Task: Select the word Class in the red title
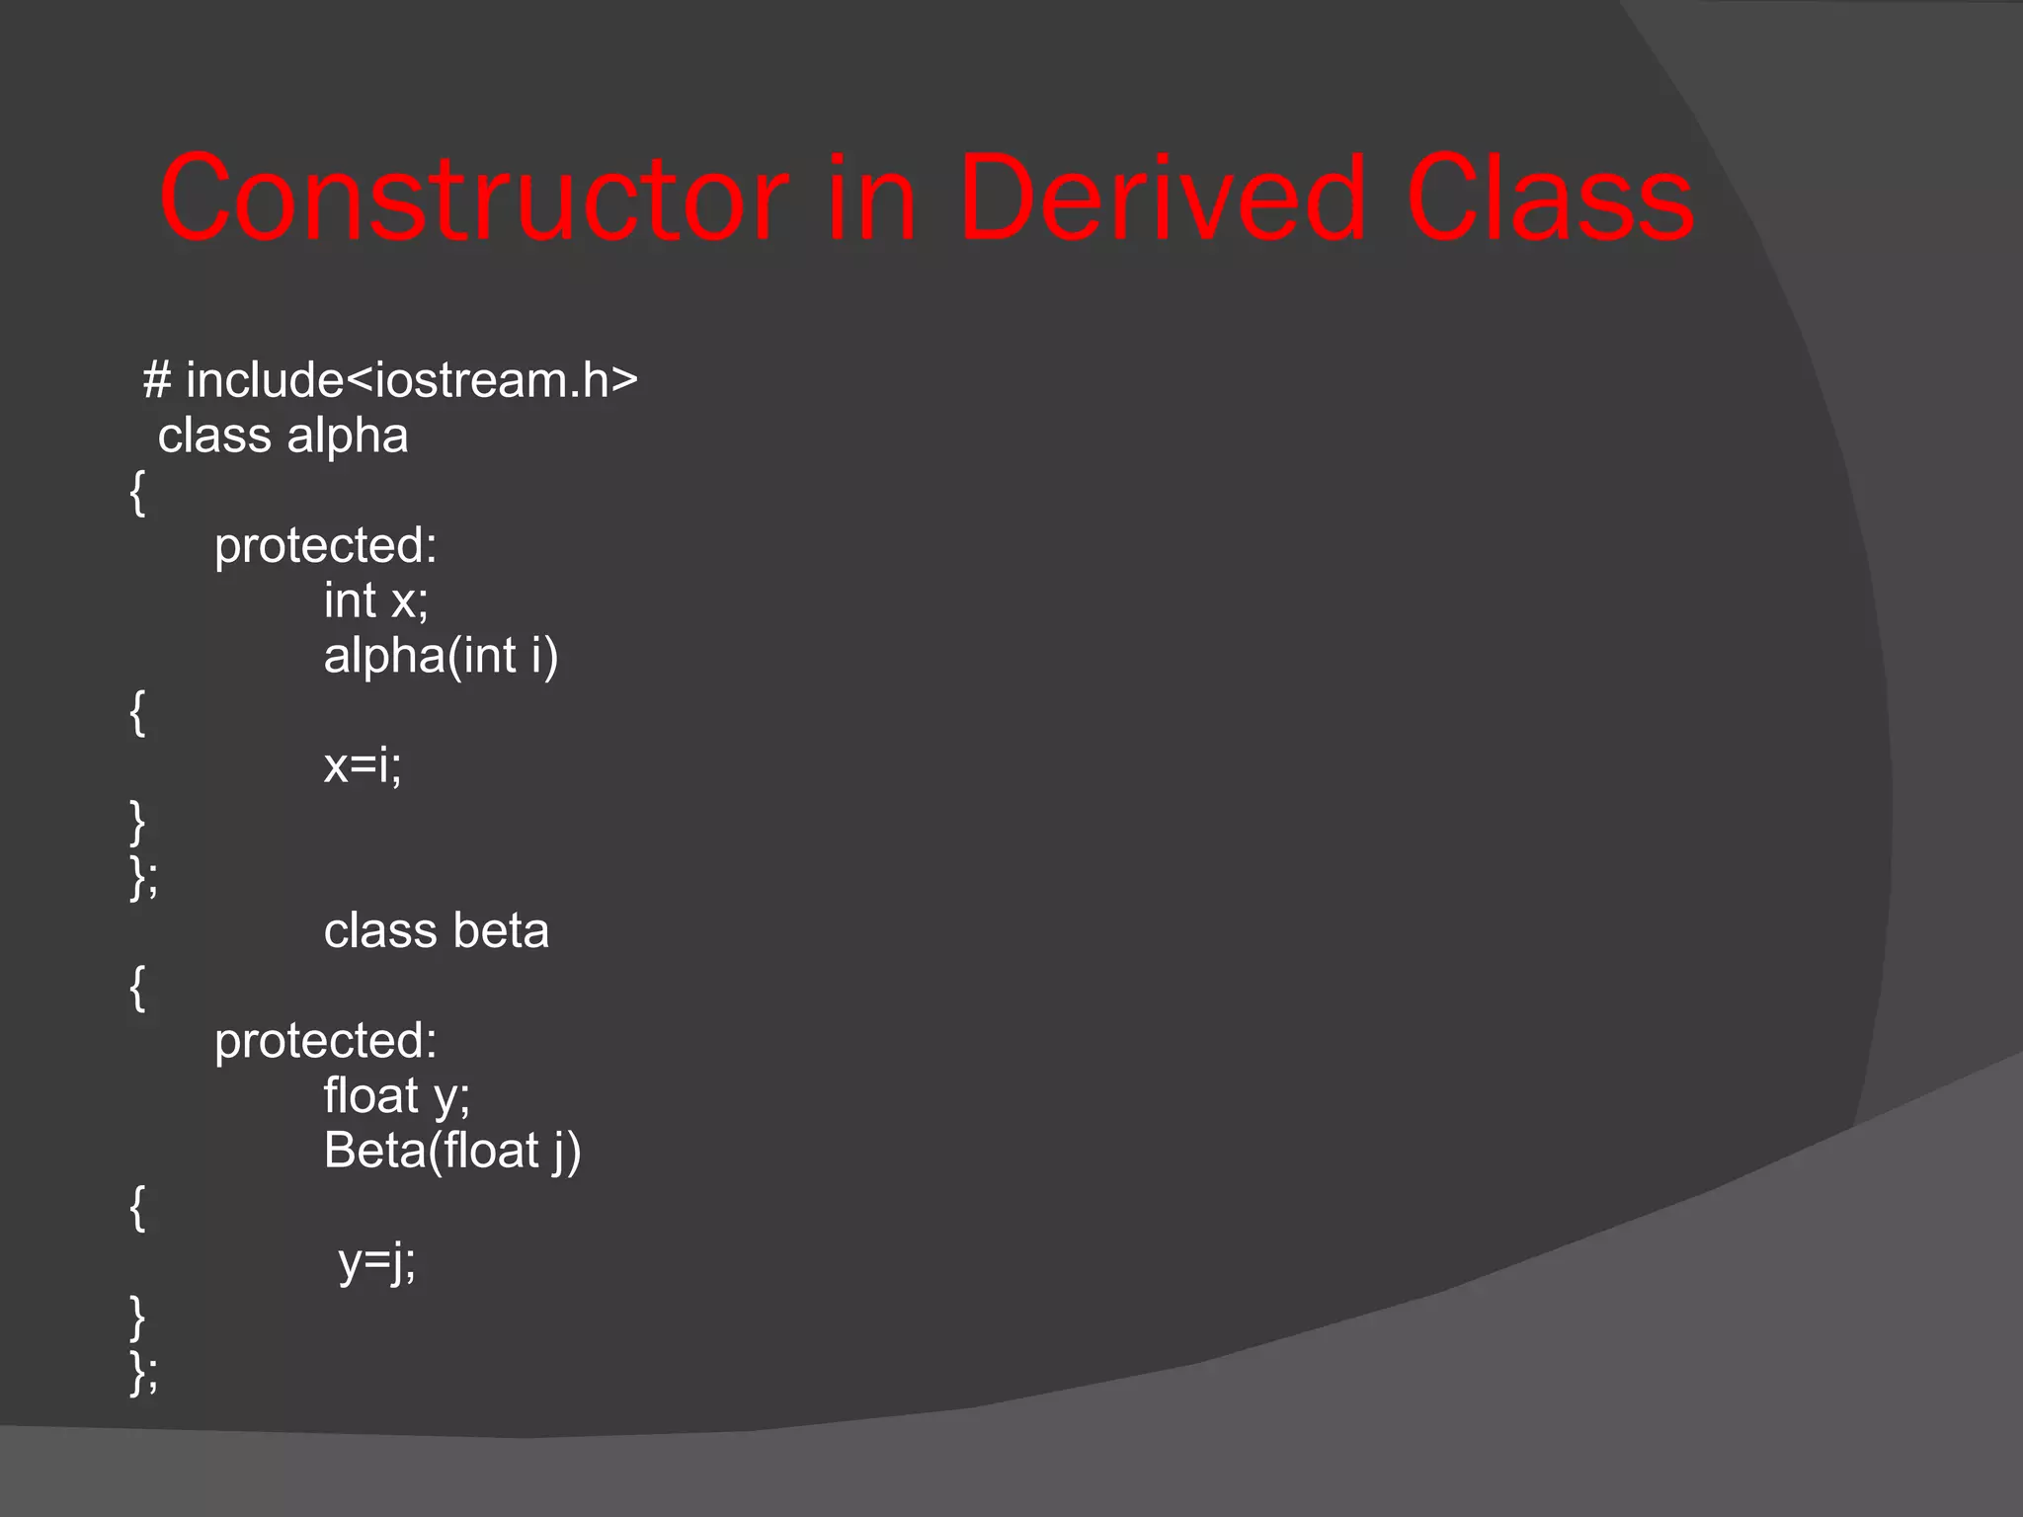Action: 1550,200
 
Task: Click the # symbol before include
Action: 157,380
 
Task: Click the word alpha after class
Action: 347,437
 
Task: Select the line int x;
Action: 375,600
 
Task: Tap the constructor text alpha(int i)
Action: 441,656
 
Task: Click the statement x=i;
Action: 363,765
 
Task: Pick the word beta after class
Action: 501,931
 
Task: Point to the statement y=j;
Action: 376,1261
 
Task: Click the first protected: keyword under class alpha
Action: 325,546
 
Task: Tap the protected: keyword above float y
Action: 325,1041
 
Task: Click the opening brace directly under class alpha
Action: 137,492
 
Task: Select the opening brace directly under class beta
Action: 137,988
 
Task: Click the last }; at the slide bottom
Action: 143,1372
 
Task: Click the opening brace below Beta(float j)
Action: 137,1207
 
